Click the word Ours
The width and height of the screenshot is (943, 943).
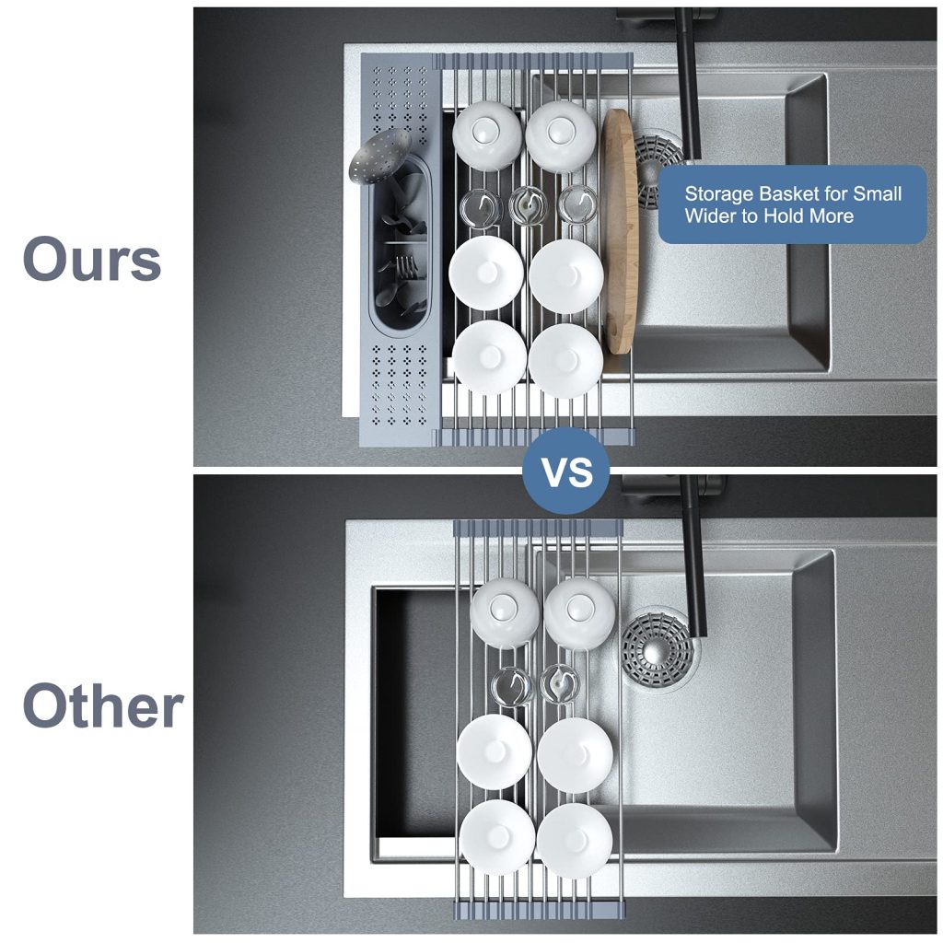(x=92, y=259)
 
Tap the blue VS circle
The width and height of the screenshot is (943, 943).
(x=566, y=471)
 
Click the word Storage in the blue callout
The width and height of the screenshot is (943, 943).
(x=719, y=193)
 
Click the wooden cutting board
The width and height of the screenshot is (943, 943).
(x=620, y=231)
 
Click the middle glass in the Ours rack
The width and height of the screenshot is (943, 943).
(x=528, y=204)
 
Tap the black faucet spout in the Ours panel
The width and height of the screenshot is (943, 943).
(x=687, y=84)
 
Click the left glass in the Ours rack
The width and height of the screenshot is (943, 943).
(x=481, y=207)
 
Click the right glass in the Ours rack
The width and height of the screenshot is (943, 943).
(x=578, y=204)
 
